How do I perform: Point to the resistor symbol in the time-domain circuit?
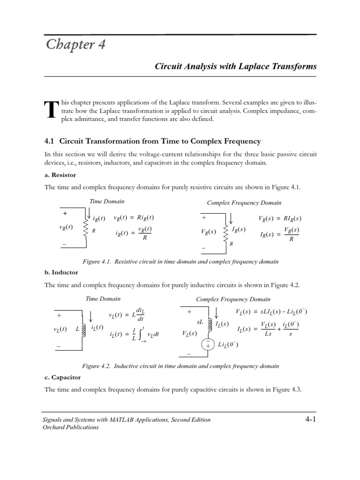(x=86, y=229)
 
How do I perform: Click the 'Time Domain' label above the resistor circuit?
(x=107, y=202)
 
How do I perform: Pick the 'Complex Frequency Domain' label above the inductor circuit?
(x=233, y=299)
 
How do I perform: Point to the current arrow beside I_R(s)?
(x=231, y=218)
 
